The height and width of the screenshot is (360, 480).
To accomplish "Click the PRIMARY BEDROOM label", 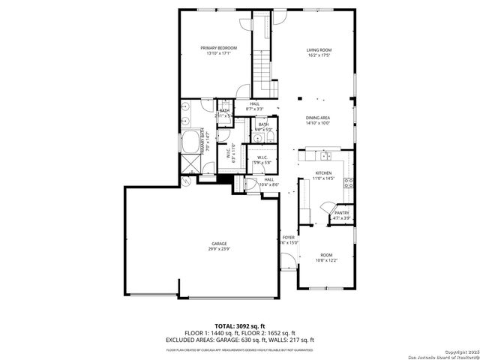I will [214, 48].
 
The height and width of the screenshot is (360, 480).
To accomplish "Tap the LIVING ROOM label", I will [319, 50].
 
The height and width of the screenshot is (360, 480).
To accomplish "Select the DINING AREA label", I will [318, 118].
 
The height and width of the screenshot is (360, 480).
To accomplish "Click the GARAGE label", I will [219, 244].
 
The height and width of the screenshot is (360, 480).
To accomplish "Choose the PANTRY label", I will [342, 213].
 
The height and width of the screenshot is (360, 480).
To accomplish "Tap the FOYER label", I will [289, 237].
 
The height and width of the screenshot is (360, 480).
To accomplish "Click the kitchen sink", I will [325, 156].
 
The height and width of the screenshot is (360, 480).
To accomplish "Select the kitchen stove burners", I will [348, 182].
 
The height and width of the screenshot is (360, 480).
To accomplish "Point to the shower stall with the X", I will [190, 163].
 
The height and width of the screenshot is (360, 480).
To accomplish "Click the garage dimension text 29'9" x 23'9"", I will [219, 249].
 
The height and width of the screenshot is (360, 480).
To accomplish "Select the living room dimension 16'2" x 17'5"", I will [319, 55].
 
